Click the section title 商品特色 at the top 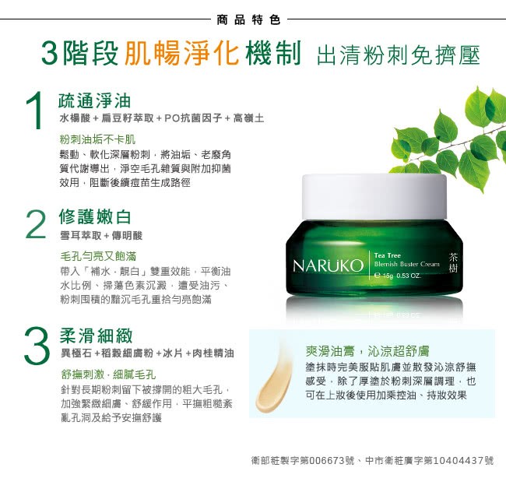pos(248,20)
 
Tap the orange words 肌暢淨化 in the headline pos(181,53)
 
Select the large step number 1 pos(35,111)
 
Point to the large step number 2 pos(36,225)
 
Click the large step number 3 pos(37,345)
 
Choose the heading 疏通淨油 pos(94,100)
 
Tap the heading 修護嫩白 pos(95,216)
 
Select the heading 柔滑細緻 pos(97,336)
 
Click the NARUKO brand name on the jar pos(329,266)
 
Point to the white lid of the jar pos(374,196)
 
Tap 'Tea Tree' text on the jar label pos(387,255)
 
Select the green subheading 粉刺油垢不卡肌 pos(97,139)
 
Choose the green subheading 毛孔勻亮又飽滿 pos(98,256)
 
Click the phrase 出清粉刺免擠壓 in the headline pos(398,54)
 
